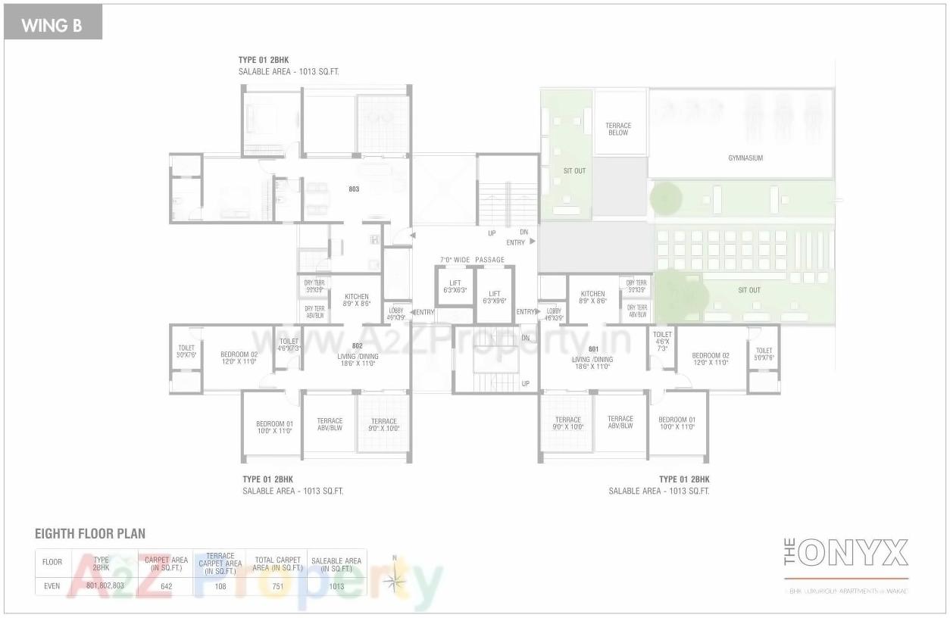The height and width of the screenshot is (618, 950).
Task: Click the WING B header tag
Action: [52, 25]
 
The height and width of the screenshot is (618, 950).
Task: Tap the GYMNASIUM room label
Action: [745, 158]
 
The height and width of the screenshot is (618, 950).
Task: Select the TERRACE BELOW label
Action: [618, 130]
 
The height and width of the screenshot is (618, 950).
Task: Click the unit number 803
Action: [354, 189]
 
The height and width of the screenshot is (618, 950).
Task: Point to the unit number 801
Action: [593, 349]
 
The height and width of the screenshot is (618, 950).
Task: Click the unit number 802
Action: [357, 346]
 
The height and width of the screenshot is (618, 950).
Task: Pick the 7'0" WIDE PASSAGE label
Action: [472, 260]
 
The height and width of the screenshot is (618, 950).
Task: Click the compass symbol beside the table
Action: [395, 579]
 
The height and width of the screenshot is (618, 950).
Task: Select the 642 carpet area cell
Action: [167, 586]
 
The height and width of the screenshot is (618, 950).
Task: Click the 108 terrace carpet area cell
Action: [220, 586]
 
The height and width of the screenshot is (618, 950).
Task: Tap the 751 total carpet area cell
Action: [279, 586]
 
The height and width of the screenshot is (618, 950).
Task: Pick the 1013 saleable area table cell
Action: [336, 586]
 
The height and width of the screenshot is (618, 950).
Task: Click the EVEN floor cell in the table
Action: [52, 586]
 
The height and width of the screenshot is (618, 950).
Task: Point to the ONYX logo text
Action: [853, 554]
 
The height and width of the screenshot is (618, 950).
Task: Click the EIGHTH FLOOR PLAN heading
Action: [90, 534]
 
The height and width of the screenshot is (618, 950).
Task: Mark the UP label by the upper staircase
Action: [492, 233]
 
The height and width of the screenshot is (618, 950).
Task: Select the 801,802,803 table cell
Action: [105, 586]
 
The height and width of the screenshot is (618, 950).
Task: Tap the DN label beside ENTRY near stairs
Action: [523, 233]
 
